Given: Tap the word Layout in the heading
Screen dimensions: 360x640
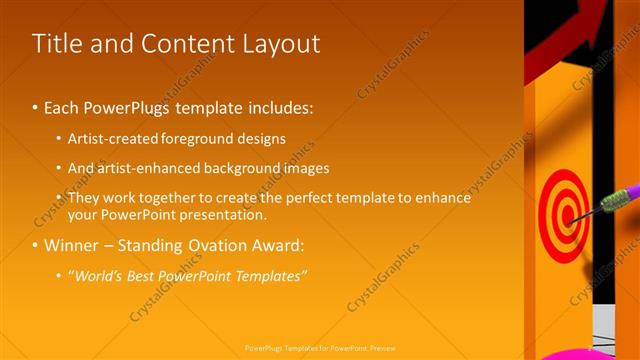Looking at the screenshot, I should pyautogui.click(x=275, y=44).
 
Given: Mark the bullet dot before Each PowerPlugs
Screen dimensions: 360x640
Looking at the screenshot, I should pyautogui.click(x=35, y=107).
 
